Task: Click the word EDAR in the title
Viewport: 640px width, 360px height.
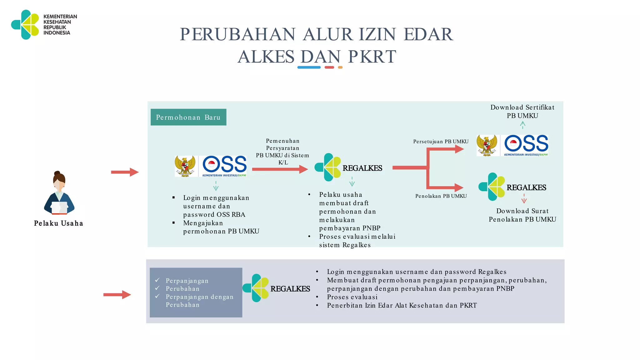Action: [428, 34]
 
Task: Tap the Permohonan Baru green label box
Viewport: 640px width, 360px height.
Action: [188, 117]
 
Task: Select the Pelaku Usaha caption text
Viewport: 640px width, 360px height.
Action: [58, 223]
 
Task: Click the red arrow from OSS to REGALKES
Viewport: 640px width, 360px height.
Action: [280, 169]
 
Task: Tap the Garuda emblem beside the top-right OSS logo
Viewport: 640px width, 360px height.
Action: [487, 145]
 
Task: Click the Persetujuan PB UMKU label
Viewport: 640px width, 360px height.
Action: [441, 142]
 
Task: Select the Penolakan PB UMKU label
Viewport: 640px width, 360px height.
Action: [441, 196]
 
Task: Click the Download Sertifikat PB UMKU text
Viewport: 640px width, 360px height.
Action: [522, 112]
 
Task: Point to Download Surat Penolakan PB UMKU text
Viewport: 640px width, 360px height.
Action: [522, 215]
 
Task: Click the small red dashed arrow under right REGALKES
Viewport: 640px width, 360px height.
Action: [524, 199]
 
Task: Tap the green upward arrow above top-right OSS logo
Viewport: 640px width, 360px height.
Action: [522, 125]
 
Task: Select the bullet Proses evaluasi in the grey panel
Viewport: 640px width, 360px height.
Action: [352, 297]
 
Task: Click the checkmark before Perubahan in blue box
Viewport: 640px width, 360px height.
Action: [157, 288]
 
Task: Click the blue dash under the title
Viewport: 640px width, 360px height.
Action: [309, 67]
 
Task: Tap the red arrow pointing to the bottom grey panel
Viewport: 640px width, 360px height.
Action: [117, 295]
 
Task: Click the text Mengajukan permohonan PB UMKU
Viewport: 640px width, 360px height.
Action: [221, 227]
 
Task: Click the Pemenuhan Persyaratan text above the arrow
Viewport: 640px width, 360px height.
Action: [282, 145]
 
